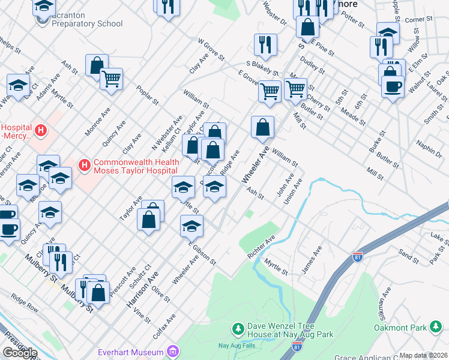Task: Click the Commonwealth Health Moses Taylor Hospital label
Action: [136, 166]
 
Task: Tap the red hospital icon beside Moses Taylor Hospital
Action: [84, 164]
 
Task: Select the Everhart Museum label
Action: [131, 352]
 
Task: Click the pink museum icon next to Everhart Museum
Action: [172, 351]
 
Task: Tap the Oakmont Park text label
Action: [400, 328]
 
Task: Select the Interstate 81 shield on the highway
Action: [358, 254]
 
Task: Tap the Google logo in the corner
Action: [19, 353]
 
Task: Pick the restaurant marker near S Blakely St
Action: [265, 44]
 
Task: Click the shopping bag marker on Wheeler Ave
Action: [263, 127]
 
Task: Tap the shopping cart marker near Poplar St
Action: [112, 78]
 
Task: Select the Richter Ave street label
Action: [262, 247]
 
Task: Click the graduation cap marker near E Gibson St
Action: [192, 226]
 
